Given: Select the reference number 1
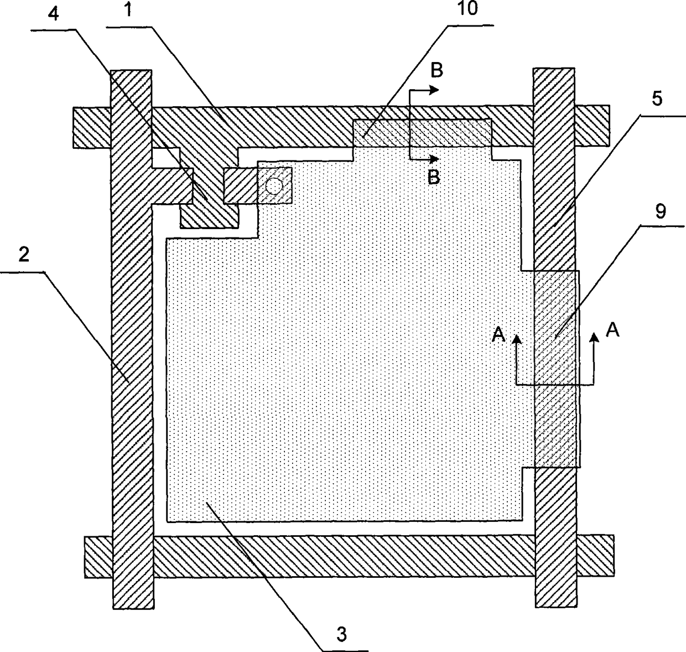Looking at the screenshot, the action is (128, 12).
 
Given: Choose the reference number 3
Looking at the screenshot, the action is (341, 635).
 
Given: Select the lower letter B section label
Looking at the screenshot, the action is (435, 177).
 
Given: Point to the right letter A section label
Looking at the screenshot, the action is (612, 330).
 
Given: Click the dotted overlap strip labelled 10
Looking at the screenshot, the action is (422, 133).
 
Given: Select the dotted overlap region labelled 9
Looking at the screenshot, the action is (556, 368).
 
